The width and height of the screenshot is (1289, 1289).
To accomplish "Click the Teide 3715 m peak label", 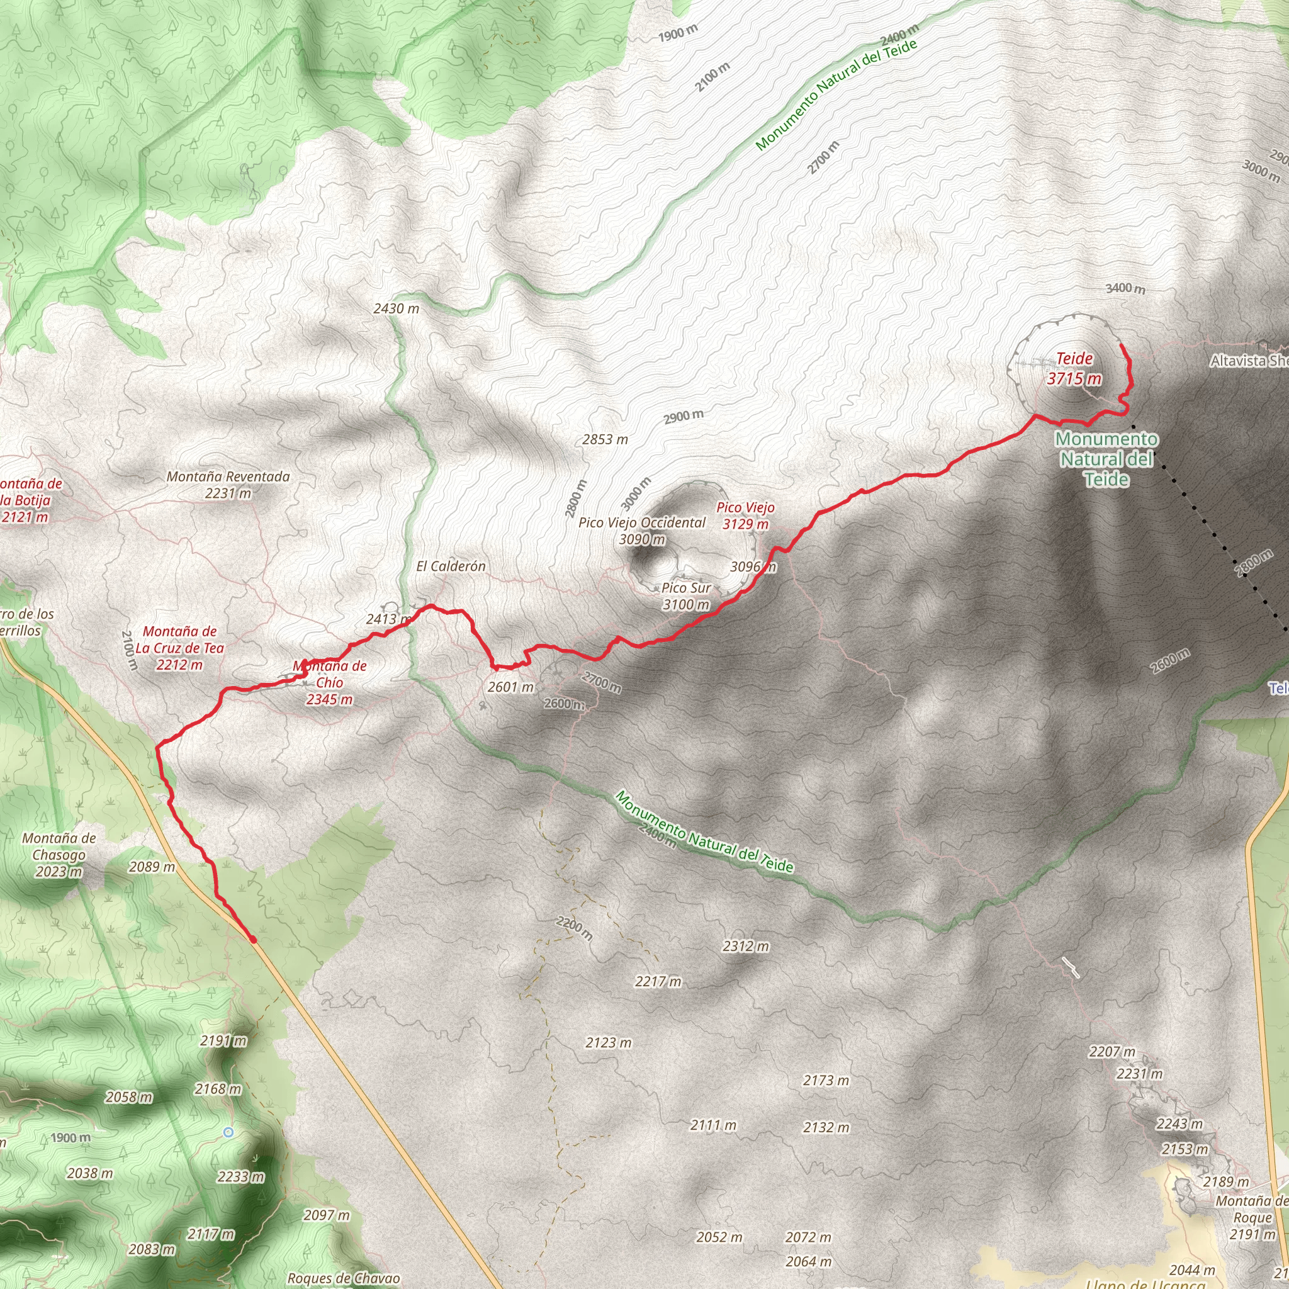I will pos(1074,369).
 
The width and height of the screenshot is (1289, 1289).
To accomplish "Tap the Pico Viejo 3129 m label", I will pos(745,515).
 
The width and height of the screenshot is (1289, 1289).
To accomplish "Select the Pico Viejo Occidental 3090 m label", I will pos(642,531).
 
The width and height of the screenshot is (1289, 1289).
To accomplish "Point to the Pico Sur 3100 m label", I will pos(686,597).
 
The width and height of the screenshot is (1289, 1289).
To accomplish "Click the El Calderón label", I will pos(451,566).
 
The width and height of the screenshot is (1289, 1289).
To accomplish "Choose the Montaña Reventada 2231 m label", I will pos(228,485).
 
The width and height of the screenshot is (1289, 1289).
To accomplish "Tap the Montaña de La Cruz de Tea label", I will pos(179,648).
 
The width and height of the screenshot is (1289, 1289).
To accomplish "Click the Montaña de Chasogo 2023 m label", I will pos(59,855).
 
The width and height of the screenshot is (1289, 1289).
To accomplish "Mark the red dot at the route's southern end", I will pos(254,940).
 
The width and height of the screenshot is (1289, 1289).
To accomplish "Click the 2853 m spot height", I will pos(604,440).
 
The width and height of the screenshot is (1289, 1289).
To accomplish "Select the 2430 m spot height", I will pos(397,308).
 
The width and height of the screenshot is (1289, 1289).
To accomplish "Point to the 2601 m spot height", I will pos(510,687).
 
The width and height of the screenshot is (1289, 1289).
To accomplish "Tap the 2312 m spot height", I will pos(745,946).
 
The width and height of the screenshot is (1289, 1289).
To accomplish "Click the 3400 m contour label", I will pos(1125,288).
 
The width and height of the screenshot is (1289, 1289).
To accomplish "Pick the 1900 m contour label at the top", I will pos(678,33).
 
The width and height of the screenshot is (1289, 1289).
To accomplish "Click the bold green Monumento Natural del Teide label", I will pos(1106,459).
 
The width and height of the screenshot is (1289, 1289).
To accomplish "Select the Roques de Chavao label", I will pos(344,1278).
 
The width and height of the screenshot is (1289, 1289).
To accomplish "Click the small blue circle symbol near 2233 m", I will pos(228,1132).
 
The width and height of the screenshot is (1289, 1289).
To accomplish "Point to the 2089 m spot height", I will pos(152,867).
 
